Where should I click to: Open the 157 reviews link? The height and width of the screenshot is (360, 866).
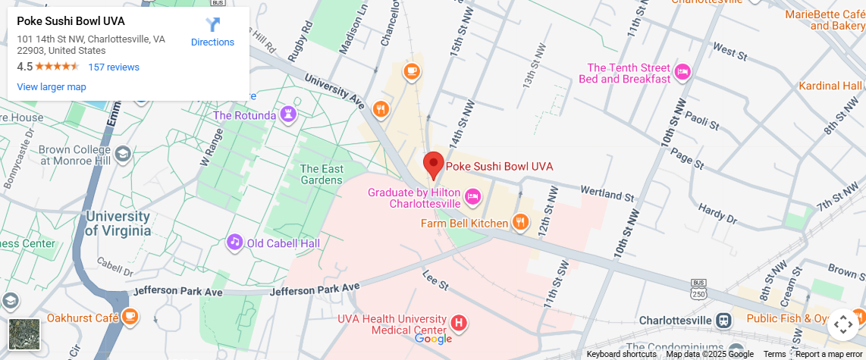click(114, 67)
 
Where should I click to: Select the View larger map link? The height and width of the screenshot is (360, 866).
click(52, 87)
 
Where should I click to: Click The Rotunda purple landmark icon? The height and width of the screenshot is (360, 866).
click(288, 115)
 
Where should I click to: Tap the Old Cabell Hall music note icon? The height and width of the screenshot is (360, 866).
click(235, 243)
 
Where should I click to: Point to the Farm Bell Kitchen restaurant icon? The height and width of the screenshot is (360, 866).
click(520, 222)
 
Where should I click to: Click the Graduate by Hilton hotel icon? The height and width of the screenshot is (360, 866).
click(472, 196)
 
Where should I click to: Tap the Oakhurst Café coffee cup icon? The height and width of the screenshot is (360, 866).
click(130, 315)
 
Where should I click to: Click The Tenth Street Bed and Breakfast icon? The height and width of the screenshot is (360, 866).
click(682, 72)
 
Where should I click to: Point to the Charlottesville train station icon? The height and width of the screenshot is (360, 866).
click(724, 320)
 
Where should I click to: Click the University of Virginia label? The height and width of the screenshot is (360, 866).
click(117, 223)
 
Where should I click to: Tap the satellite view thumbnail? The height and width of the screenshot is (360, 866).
click(24, 334)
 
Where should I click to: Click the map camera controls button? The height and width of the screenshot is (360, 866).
click(843, 324)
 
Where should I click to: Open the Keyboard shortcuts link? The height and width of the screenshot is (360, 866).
click(621, 354)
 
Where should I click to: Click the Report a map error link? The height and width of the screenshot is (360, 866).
click(829, 354)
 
